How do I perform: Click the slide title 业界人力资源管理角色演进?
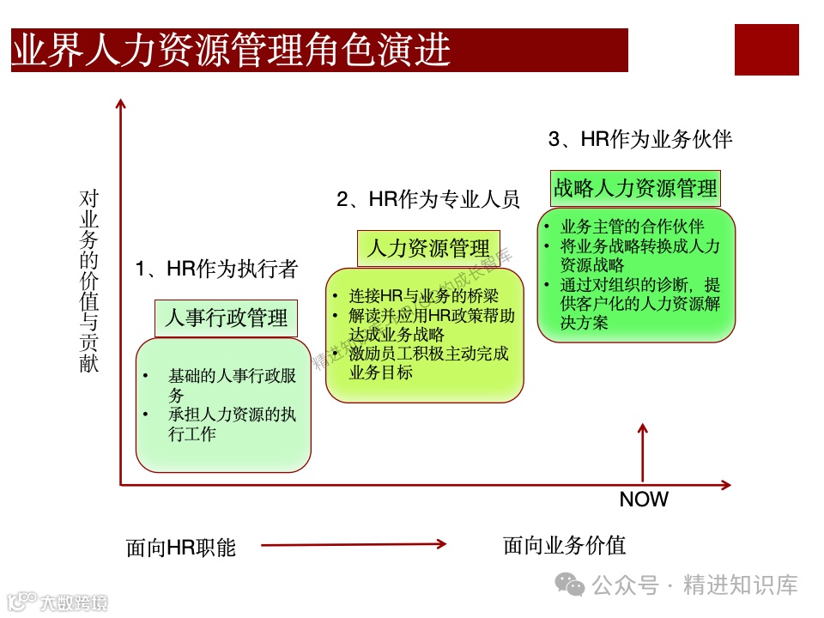[x=232, y=51]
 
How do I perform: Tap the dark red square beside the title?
[x=766, y=50]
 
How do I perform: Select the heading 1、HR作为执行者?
[x=216, y=270]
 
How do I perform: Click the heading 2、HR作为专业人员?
[x=428, y=200]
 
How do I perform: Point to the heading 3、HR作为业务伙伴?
[x=640, y=139]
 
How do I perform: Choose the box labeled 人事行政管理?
[x=226, y=318]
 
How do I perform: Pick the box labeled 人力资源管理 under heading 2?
[x=428, y=249]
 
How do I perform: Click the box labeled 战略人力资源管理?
[x=635, y=188]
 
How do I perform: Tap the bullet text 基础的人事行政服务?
[x=232, y=385]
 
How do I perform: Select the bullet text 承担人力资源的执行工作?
[x=232, y=424]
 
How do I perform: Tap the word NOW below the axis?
[x=644, y=500]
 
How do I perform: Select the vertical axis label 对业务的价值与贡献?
[x=89, y=281]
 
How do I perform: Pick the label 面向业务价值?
[x=565, y=545]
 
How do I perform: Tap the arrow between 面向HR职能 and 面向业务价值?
[x=354, y=543]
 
